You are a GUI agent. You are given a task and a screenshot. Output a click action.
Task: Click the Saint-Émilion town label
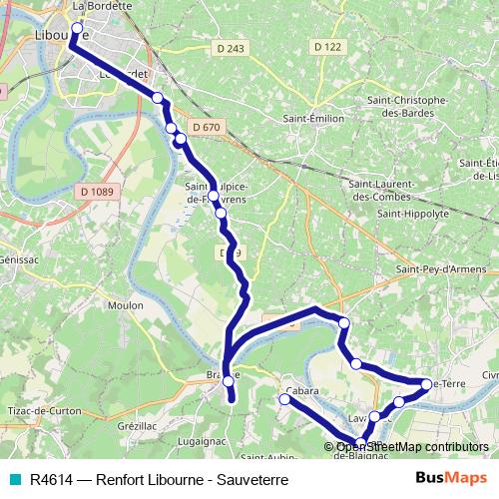308,119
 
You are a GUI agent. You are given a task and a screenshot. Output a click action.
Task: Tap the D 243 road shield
230,48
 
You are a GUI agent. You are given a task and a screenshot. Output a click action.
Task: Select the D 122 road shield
326,47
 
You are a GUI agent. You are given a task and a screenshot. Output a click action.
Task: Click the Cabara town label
301,390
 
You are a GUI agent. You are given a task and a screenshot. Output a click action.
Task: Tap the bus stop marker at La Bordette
76,27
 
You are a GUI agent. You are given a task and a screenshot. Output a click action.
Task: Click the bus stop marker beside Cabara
284,399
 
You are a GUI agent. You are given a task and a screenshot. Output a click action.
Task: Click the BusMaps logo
458,479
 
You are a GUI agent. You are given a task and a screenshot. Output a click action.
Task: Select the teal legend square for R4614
13,480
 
